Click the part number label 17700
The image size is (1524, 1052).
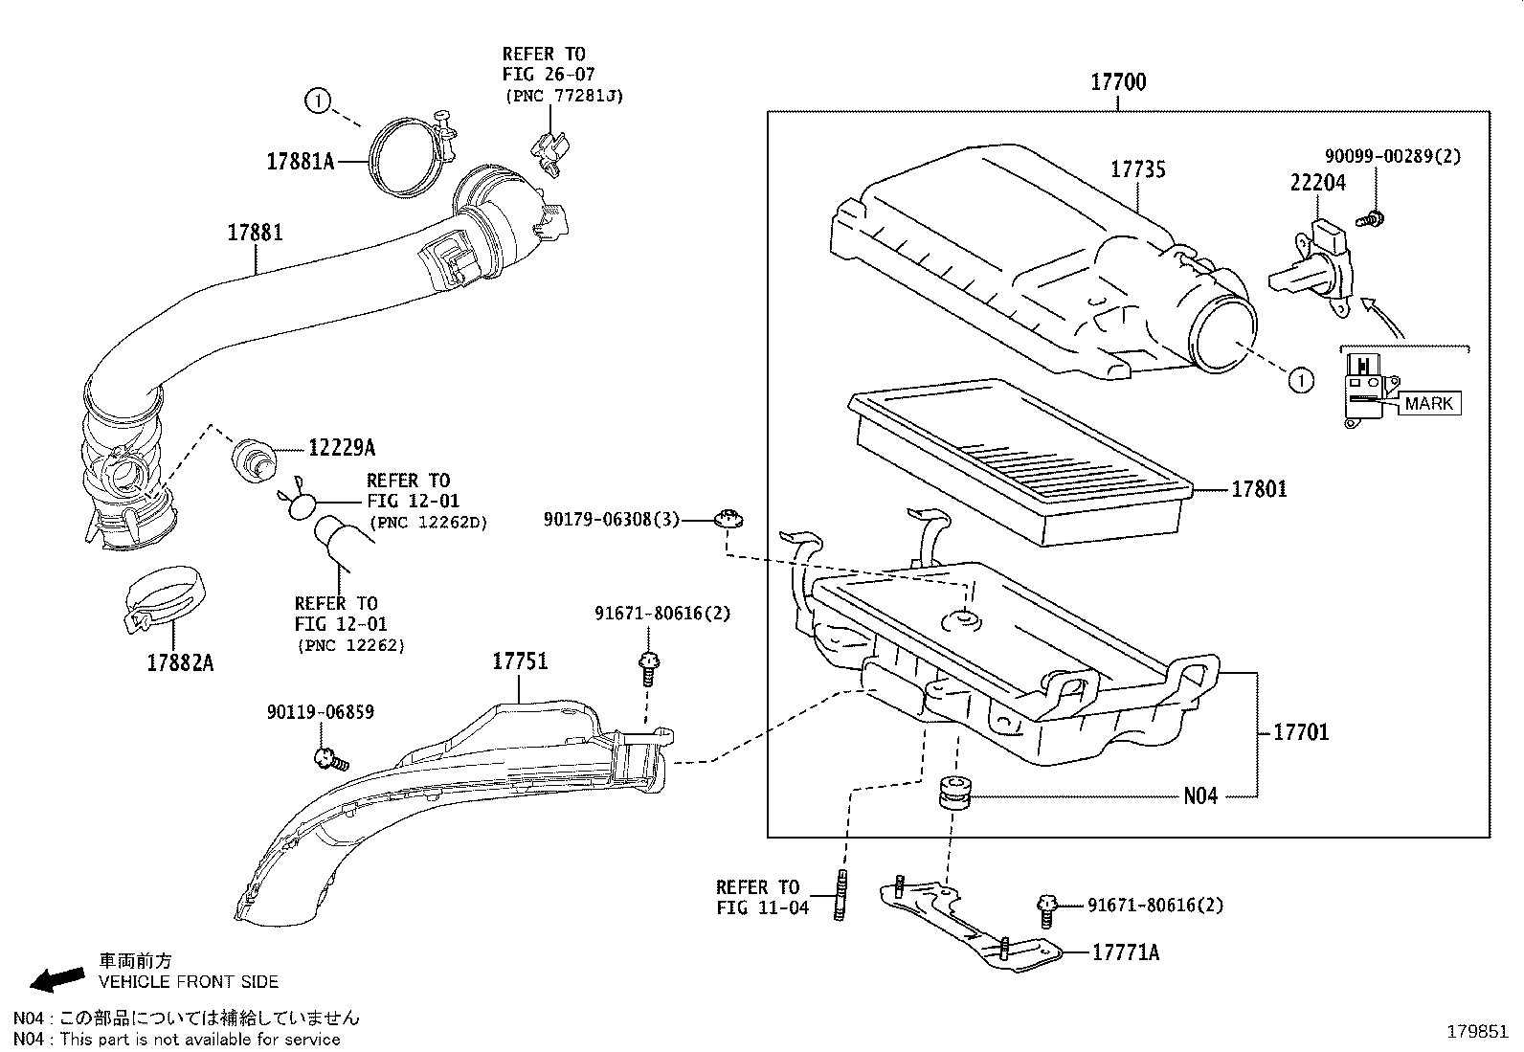1118,82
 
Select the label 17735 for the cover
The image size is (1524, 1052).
1137,169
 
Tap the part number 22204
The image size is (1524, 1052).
1317,182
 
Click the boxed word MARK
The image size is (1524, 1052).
1428,403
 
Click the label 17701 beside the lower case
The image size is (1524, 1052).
1301,732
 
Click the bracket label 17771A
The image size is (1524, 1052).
1126,952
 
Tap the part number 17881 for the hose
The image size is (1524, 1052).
255,232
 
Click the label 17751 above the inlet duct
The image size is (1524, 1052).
520,660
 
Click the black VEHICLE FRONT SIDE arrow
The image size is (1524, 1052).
56,978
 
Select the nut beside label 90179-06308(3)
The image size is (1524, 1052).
729,520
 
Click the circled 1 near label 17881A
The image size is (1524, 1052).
318,99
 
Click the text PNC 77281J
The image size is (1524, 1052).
563,96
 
